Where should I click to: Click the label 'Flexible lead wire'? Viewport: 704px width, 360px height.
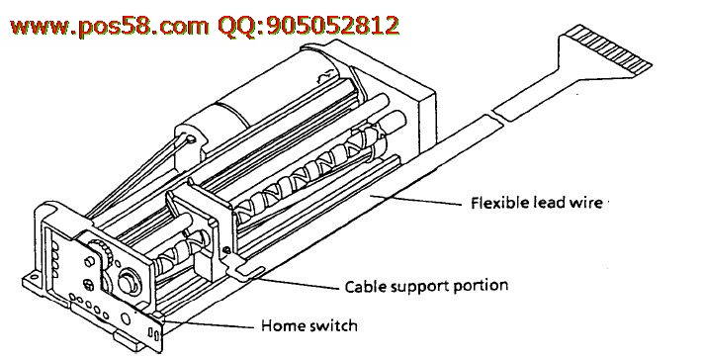[x=537, y=203]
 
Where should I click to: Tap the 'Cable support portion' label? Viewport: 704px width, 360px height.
[x=426, y=287]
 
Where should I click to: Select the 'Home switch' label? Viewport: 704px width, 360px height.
[x=309, y=325]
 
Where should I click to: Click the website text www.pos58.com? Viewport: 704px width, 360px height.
[x=109, y=26]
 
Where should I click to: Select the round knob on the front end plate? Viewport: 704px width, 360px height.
[x=130, y=281]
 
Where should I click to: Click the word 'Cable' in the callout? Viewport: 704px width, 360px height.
[x=364, y=287]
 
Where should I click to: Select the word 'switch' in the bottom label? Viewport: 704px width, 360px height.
[x=334, y=325]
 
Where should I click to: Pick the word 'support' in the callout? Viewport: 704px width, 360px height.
[x=419, y=287]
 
